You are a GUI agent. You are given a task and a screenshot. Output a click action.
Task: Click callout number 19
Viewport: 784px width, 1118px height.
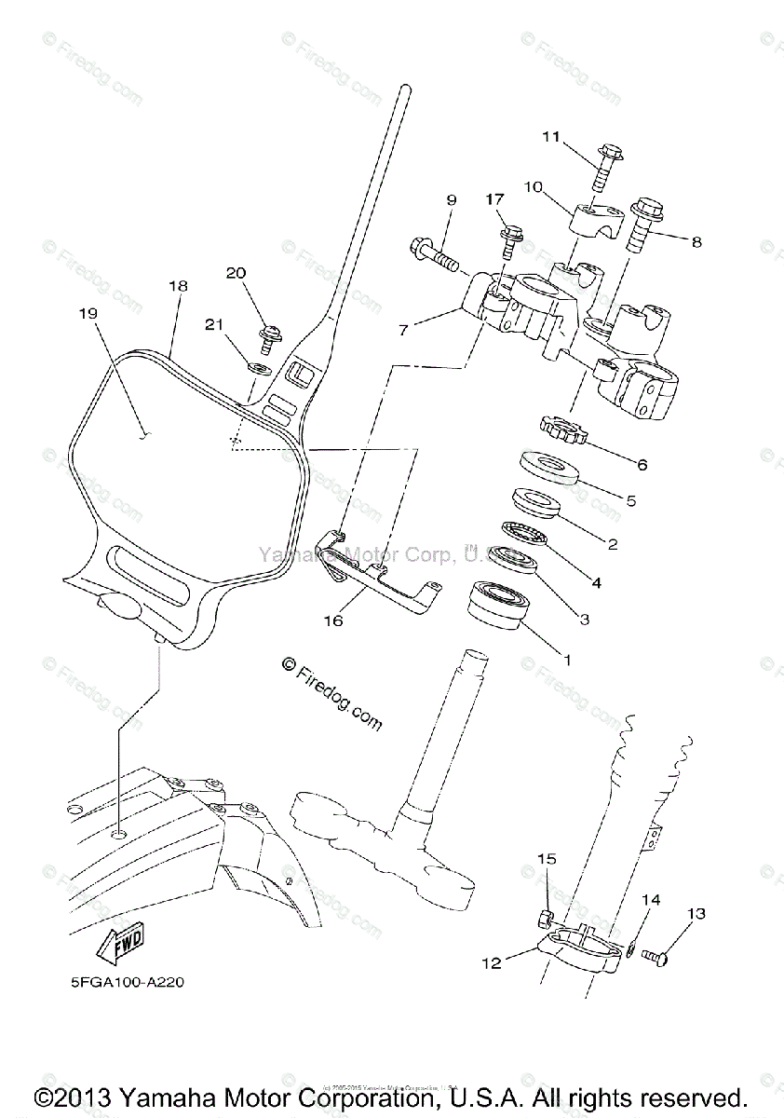pos(88,314)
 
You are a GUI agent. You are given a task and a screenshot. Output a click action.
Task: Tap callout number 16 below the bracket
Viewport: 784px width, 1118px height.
pos(333,620)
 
